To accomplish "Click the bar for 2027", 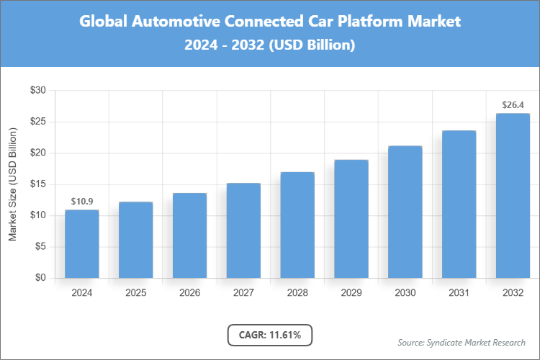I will point(243,230).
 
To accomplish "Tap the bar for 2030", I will point(405,212).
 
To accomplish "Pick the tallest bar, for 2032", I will point(513,195).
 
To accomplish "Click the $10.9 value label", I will point(81,201).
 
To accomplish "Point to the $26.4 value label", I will point(513,105).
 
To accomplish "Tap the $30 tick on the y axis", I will point(37,91).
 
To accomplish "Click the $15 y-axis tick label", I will point(37,184).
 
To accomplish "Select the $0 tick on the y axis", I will point(40,278).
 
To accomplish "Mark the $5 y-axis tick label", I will point(40,247).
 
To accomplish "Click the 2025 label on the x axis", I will point(135,293).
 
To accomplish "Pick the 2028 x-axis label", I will point(297,293).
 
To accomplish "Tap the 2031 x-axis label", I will point(459,293).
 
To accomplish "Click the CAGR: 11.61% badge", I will point(270,335).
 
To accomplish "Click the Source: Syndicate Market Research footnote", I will point(461,342).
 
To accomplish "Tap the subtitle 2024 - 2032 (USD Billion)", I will point(270,45).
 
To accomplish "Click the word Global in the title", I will point(102,22).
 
